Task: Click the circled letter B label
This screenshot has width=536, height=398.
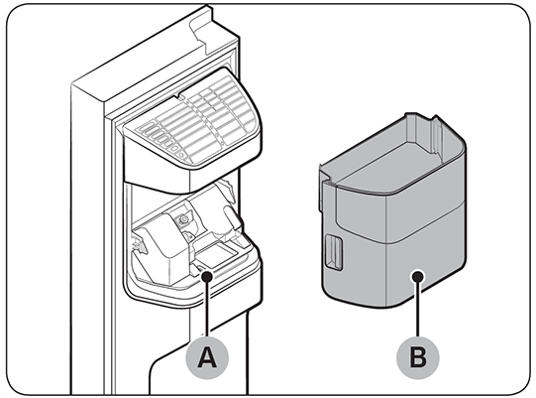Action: (418, 354)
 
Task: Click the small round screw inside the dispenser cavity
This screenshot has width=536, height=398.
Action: (184, 215)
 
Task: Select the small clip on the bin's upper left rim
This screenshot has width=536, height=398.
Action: (324, 175)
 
